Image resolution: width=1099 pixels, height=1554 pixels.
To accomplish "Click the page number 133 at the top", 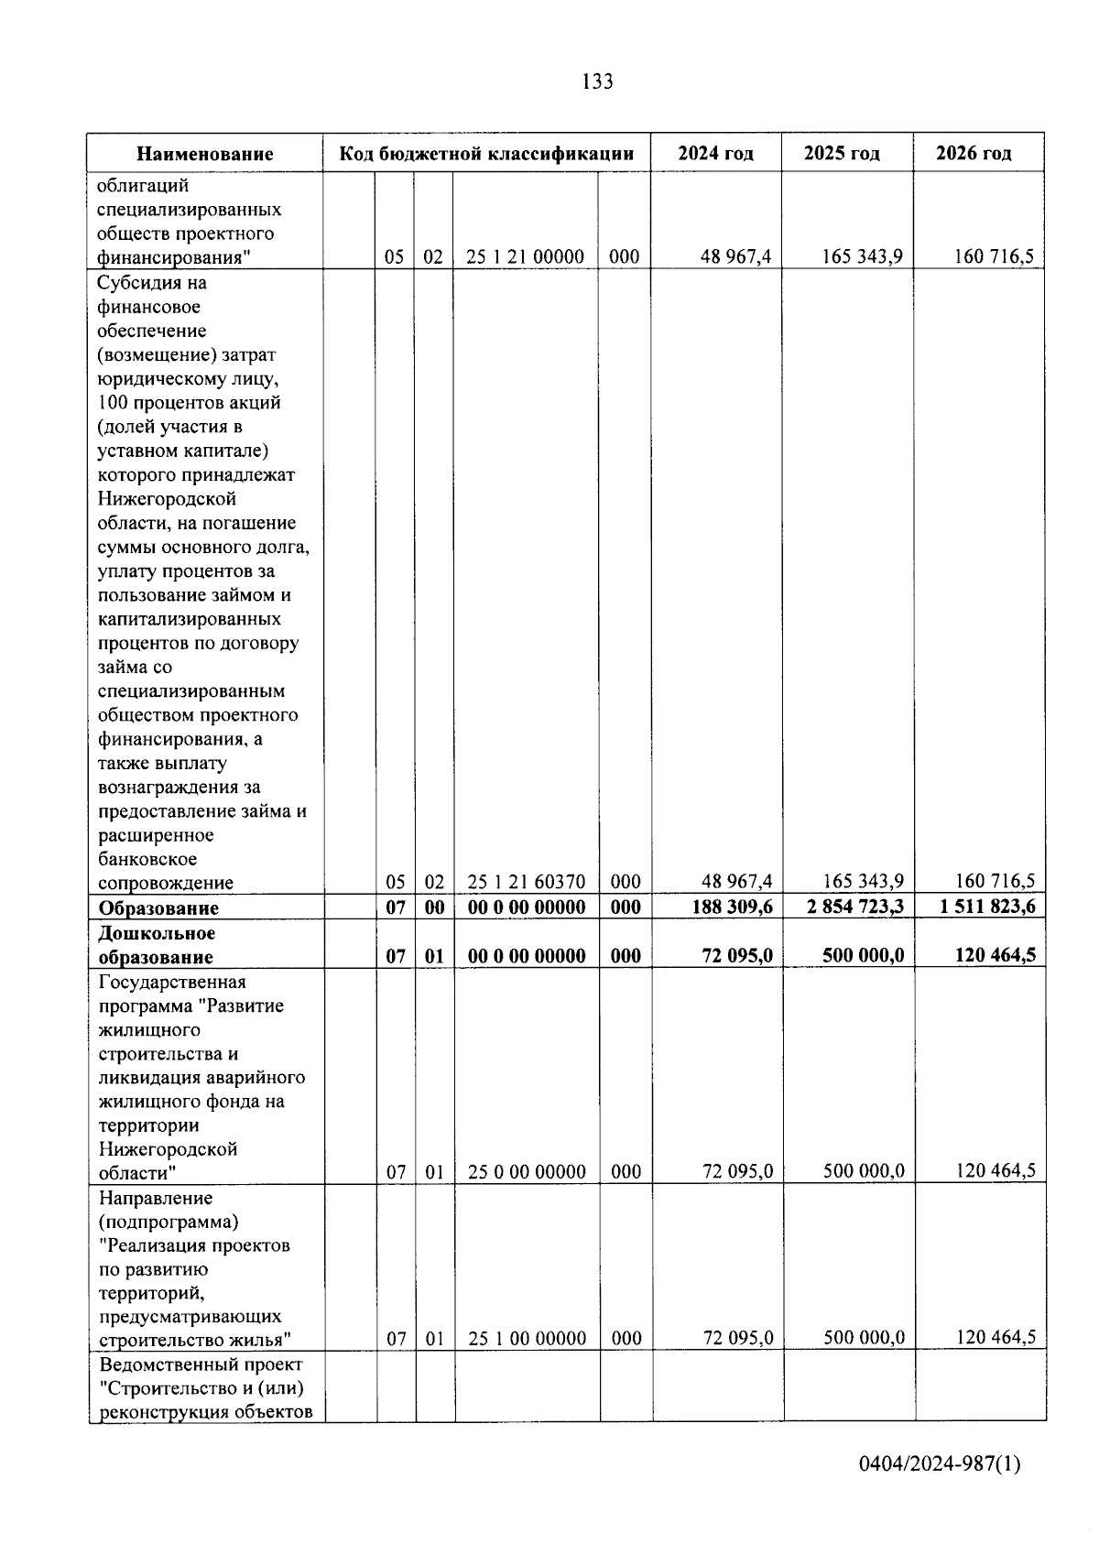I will [597, 82].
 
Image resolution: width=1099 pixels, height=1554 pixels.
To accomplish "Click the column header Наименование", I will [205, 154].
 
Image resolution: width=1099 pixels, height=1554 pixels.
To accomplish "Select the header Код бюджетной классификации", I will [486, 153].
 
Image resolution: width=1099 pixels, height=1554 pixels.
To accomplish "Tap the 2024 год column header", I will [715, 153].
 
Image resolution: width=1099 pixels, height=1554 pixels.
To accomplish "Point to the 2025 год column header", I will [842, 153].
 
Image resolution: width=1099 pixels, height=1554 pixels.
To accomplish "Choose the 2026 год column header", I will [974, 153].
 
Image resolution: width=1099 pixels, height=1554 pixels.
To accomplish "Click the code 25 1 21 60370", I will [526, 882].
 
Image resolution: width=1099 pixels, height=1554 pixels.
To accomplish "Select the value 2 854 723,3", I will [851, 907].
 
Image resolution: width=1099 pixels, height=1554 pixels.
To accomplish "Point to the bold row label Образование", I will [158, 908].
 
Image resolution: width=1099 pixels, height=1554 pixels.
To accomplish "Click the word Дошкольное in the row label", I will [157, 933].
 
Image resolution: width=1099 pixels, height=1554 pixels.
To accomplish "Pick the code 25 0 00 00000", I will [527, 1171].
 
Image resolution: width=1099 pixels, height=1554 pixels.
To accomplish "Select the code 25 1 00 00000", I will [527, 1338].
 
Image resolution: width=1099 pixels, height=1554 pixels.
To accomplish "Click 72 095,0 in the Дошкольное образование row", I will [737, 955].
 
